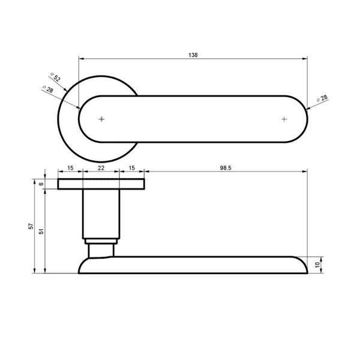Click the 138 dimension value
(x=193, y=55)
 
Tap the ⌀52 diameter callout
(x=56, y=77)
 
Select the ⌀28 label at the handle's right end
(x=322, y=98)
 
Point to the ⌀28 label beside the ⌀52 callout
(x=48, y=89)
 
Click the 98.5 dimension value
(x=226, y=168)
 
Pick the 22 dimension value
(x=101, y=168)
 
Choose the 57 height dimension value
(x=31, y=226)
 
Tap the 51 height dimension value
(x=41, y=231)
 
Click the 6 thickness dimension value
(x=41, y=184)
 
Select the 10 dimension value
(x=317, y=265)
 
